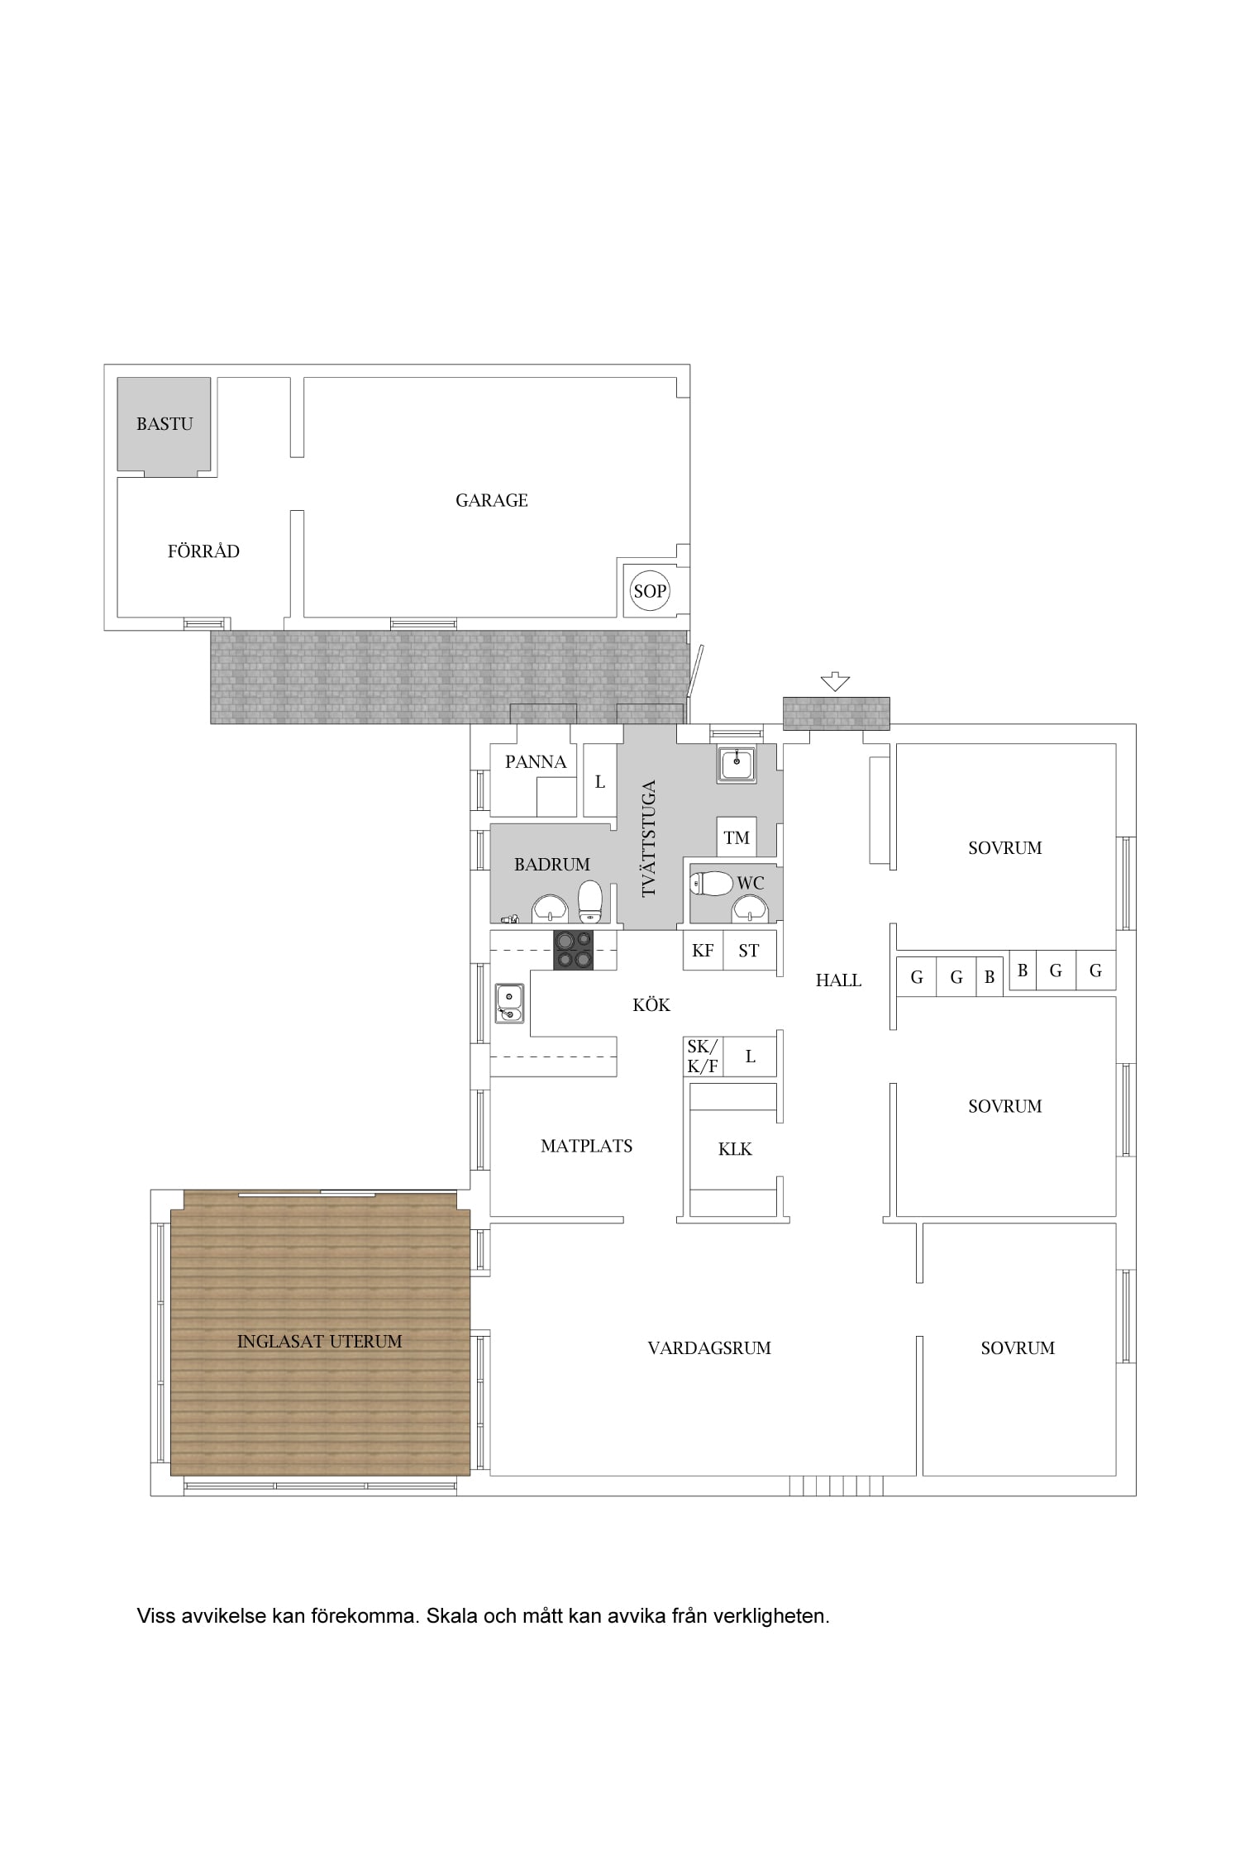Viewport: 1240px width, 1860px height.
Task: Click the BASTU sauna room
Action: point(164,425)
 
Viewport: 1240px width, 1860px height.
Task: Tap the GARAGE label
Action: point(492,500)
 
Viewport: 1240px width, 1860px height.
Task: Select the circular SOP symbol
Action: point(650,591)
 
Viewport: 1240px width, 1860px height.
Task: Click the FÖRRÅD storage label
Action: point(203,551)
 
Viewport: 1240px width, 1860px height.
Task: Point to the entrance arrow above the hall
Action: point(836,682)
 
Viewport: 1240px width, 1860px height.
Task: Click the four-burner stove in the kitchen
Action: point(574,950)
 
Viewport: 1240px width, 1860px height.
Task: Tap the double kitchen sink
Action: point(509,1004)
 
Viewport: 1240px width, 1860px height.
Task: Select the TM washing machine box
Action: point(737,837)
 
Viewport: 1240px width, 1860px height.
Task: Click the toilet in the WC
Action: point(712,884)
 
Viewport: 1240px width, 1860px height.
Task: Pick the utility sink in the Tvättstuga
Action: point(737,765)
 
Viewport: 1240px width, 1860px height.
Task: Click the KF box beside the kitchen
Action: point(703,951)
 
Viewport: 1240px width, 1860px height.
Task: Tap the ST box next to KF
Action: point(749,951)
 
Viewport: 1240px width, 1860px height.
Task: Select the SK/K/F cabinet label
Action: point(703,1056)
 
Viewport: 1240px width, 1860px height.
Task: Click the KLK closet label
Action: point(735,1149)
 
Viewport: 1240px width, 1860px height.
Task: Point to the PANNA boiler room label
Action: point(536,762)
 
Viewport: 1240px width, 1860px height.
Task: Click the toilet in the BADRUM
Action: point(590,901)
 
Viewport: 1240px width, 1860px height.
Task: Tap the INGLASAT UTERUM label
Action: point(320,1341)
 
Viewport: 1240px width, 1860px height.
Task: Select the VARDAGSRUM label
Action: point(709,1347)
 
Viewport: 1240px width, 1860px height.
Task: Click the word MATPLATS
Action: point(587,1146)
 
